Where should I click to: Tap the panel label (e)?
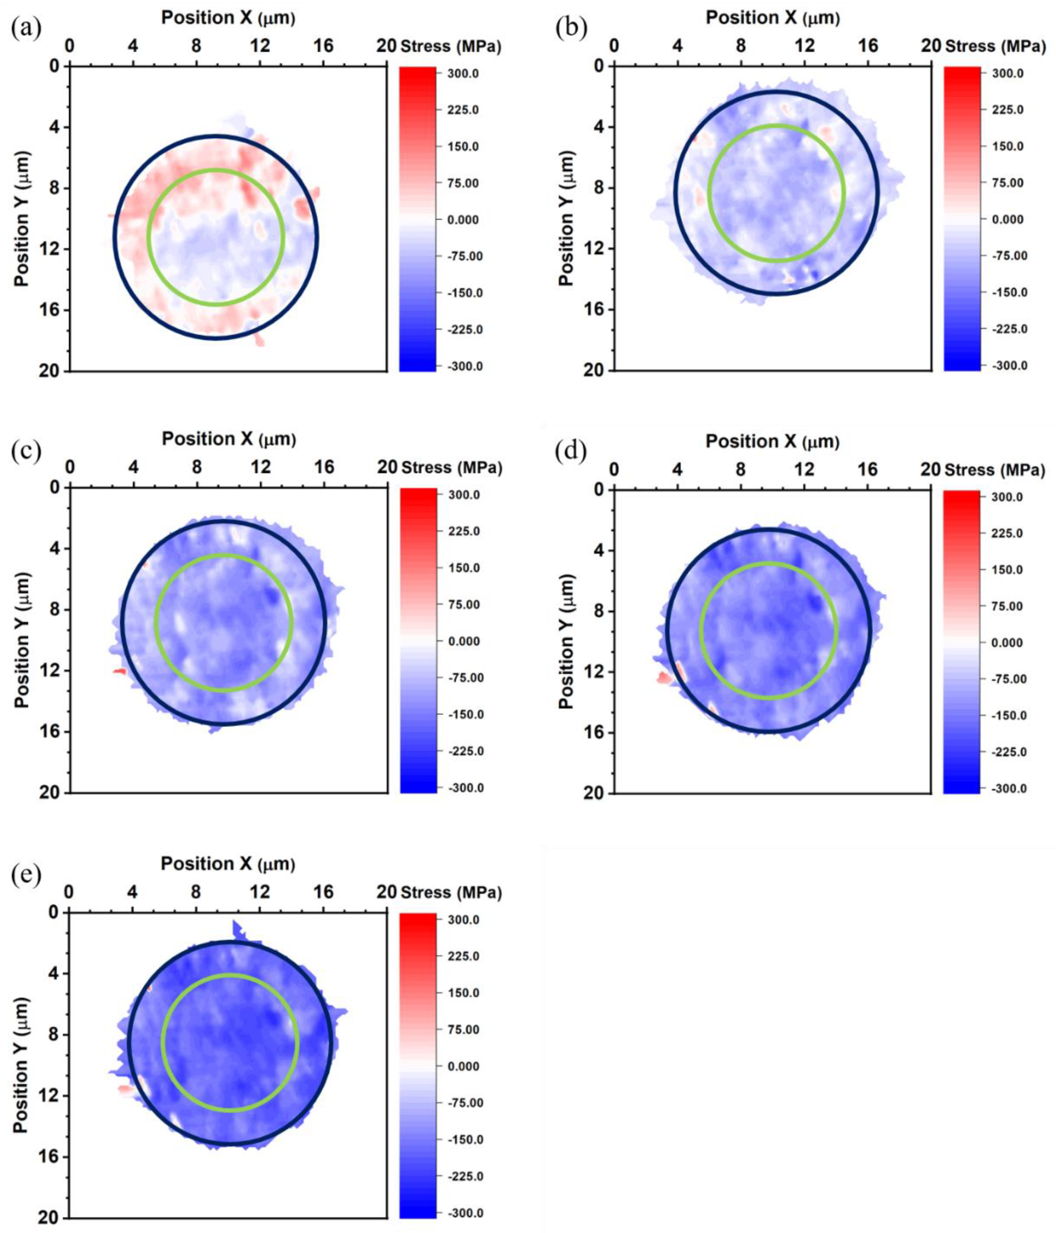(26, 874)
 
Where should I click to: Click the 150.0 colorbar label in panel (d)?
(1007, 570)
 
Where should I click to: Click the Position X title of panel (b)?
(772, 18)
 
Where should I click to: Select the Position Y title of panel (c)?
(22, 640)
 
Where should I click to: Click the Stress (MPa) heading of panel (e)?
(451, 893)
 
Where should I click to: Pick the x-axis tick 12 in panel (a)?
(260, 46)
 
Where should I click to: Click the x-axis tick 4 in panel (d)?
(677, 469)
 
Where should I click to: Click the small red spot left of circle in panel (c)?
(119, 671)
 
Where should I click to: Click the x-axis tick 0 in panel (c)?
(69, 467)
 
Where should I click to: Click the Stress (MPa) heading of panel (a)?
(451, 47)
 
